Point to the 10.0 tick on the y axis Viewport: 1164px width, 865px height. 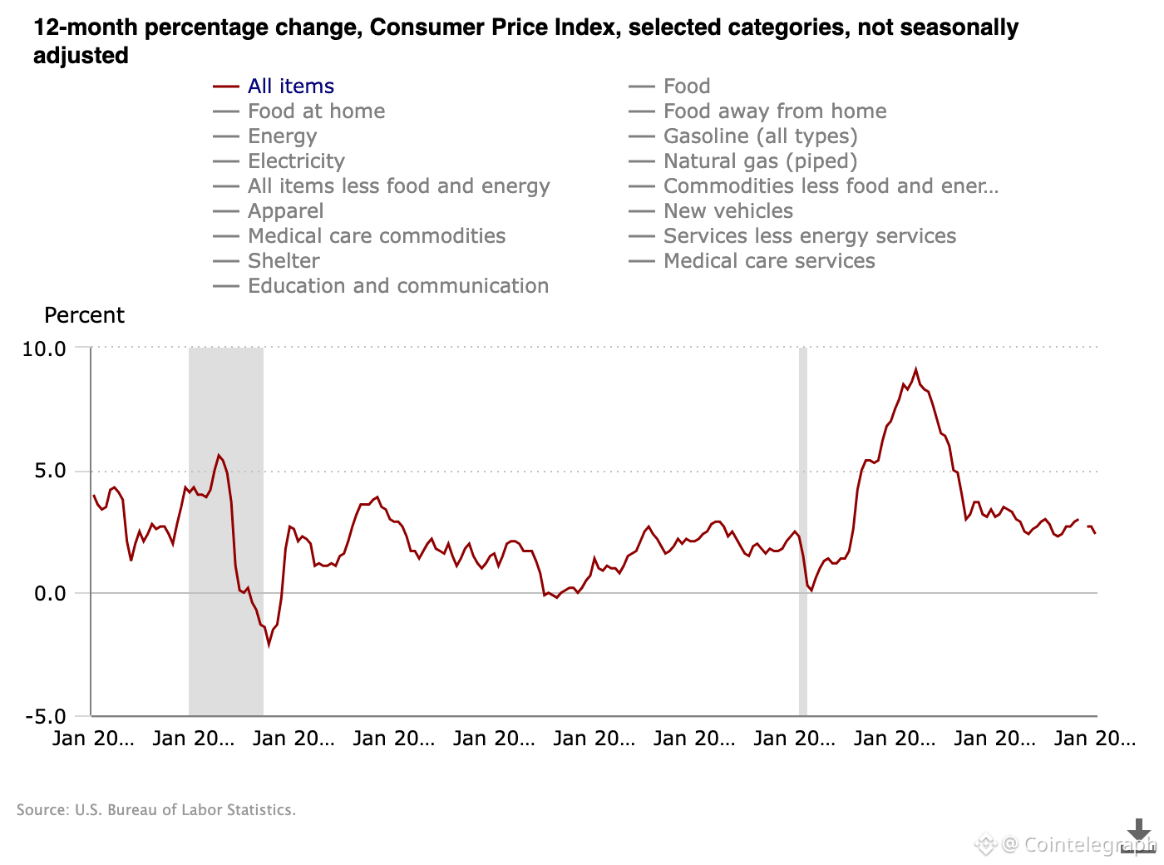pyautogui.click(x=44, y=349)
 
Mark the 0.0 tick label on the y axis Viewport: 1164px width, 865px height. pyautogui.click(x=49, y=594)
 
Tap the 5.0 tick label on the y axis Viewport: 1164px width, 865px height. pyautogui.click(x=49, y=472)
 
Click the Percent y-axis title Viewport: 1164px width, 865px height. pyautogui.click(x=84, y=316)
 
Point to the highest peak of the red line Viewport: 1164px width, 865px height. pyautogui.click(x=915, y=369)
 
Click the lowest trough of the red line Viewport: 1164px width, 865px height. pyautogui.click(x=269, y=644)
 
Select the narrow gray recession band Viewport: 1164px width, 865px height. pyautogui.click(x=803, y=532)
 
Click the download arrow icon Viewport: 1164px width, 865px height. pyautogui.click(x=1138, y=834)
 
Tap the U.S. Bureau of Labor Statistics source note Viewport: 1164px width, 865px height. pyautogui.click(x=156, y=810)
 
